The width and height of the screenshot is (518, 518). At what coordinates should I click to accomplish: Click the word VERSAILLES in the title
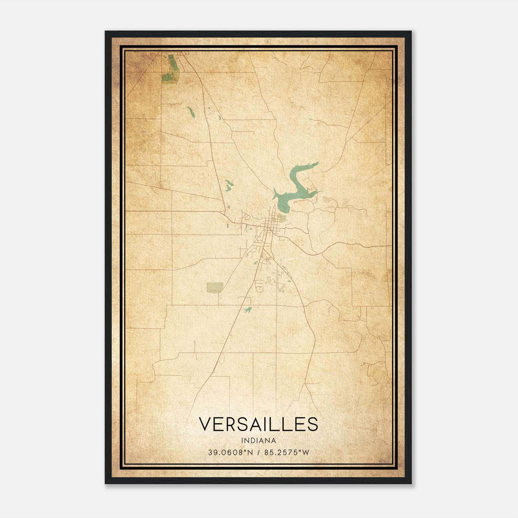coord(258,424)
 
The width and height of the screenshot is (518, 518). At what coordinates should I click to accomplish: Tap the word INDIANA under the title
coord(258,441)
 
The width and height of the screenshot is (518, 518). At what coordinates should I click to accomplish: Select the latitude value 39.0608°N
coord(230,452)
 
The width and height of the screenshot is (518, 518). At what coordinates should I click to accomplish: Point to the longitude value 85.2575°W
coord(287,452)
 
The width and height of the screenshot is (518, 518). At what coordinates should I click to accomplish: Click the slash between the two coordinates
coord(258,452)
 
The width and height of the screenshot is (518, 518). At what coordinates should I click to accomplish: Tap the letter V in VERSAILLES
coord(205,424)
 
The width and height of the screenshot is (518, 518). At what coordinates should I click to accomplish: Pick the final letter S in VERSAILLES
coord(313,424)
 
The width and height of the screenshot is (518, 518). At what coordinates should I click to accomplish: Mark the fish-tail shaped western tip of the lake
coord(275,194)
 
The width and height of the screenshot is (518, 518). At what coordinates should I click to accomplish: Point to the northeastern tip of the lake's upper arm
coord(316,164)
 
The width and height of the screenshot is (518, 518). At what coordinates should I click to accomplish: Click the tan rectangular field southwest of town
coord(215,287)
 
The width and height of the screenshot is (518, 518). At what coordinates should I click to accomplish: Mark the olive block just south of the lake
coord(282,218)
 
